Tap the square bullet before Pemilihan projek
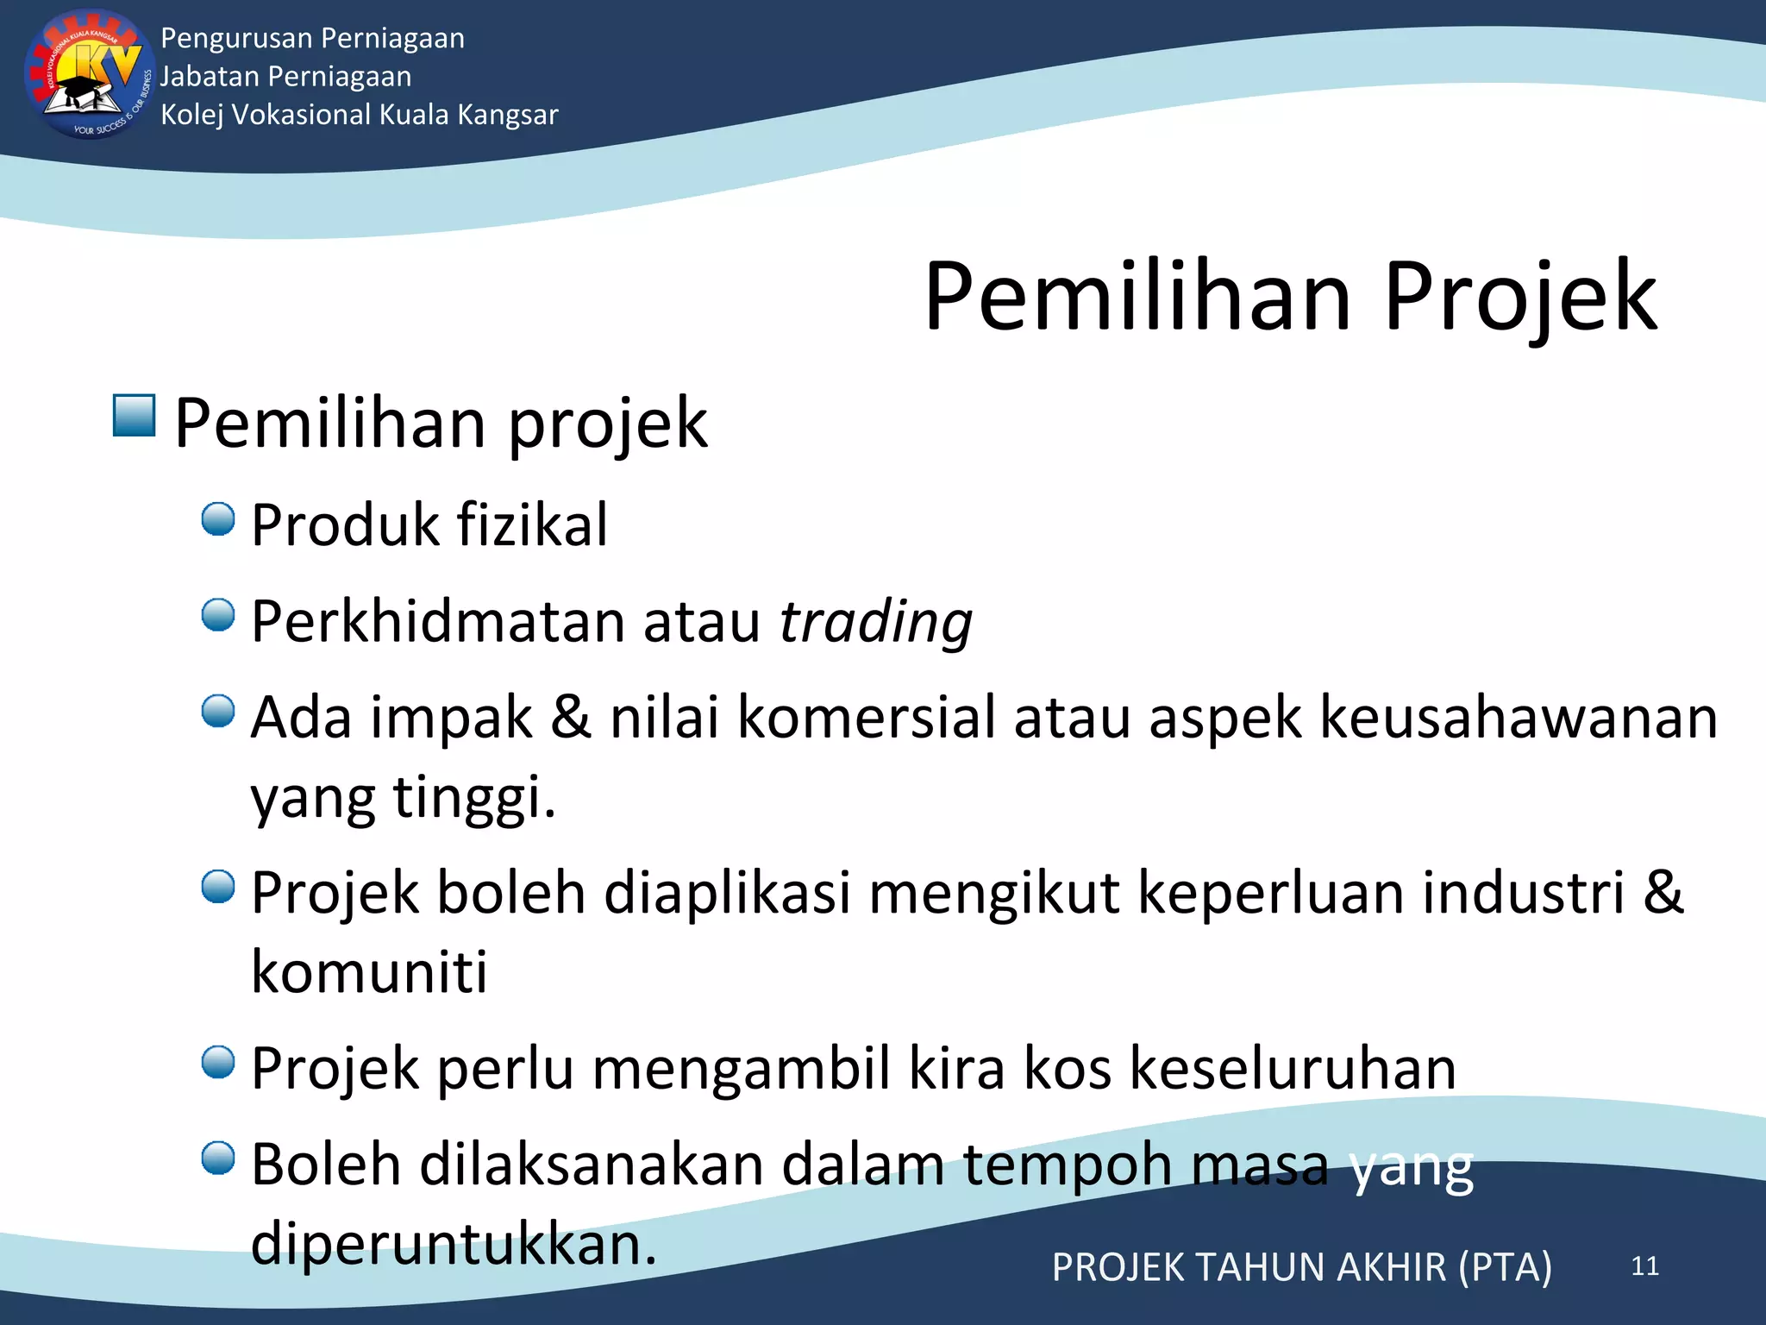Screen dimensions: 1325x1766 tap(135, 416)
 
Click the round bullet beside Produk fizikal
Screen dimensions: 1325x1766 tap(218, 520)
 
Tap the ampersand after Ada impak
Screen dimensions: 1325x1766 tap(572, 717)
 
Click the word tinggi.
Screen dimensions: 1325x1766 tap(473, 797)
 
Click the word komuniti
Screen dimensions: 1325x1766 tap(369, 972)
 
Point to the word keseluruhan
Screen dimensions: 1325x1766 tap(1293, 1068)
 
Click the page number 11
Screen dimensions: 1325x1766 tap(1644, 1265)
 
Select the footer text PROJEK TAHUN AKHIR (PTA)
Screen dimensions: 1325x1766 tap(1301, 1267)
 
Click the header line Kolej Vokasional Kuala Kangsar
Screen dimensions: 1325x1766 tap(360, 115)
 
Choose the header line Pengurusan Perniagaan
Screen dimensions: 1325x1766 tap(312, 38)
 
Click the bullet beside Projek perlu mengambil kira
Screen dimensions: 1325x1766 tap(218, 1063)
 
